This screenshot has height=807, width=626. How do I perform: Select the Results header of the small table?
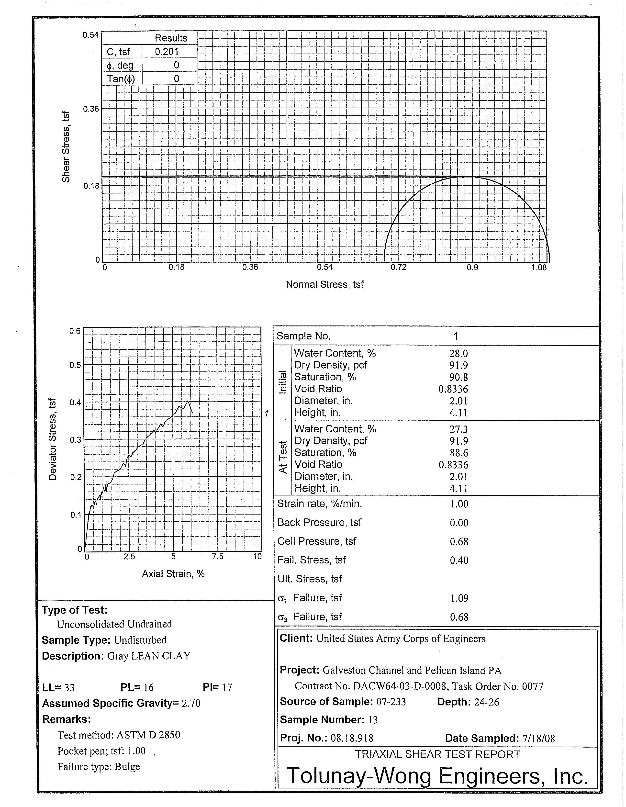point(171,38)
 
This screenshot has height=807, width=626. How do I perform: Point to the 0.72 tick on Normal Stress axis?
point(398,267)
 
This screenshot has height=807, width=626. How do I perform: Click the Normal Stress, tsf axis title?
point(324,284)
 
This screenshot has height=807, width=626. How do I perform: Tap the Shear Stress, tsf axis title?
point(66,147)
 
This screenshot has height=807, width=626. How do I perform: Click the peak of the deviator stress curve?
point(188,401)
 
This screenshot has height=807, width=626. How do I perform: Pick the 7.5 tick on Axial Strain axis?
point(218,557)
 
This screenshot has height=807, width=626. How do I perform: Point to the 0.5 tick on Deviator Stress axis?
point(75,365)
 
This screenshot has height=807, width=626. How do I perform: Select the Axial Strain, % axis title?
point(173,573)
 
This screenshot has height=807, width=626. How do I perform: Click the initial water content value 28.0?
point(458,354)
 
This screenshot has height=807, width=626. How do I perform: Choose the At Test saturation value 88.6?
point(458,453)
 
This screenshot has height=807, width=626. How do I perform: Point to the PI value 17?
point(227,687)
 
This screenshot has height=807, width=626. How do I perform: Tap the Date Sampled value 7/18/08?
point(538,738)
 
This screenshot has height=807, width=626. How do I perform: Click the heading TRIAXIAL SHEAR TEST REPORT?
point(437,754)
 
